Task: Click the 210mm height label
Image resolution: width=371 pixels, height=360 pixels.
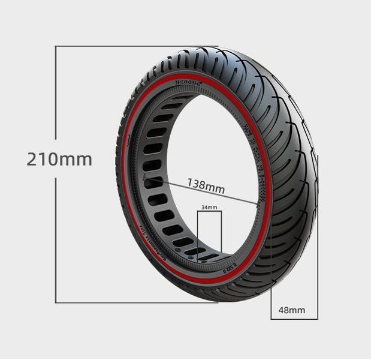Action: pos(59,160)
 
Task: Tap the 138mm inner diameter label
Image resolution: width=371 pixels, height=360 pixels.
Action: pos(206,185)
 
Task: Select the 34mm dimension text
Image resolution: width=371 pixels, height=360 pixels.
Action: pos(209,207)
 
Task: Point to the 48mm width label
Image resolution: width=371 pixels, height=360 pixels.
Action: pos(292,310)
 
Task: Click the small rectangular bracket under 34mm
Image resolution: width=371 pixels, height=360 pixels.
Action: pos(210,234)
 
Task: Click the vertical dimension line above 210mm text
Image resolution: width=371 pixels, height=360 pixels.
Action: pos(56,96)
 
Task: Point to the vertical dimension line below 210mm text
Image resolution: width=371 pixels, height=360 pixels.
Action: pos(56,240)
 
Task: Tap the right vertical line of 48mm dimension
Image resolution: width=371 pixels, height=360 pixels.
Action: pos(318,240)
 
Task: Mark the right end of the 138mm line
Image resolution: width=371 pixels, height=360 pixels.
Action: pos(258,206)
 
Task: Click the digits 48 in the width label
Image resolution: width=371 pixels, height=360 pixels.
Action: pos(284,310)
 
